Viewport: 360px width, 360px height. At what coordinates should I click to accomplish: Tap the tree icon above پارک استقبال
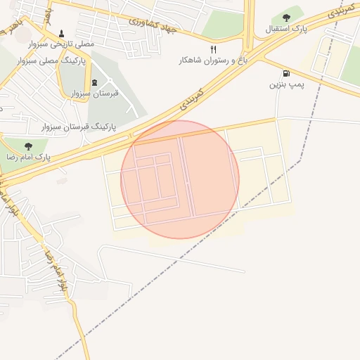(285, 18)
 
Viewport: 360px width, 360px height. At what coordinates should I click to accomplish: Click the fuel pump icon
(285, 73)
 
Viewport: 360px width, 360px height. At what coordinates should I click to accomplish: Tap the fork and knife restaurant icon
(213, 50)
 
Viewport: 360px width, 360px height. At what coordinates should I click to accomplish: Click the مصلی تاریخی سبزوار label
(61, 44)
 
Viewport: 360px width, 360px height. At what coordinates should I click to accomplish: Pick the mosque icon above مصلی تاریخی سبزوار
(62, 33)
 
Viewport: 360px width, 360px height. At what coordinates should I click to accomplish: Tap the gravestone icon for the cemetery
(95, 82)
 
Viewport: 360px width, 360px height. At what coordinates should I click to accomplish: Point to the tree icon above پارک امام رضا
(28, 146)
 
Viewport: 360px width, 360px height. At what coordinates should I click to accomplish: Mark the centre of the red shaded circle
(180, 180)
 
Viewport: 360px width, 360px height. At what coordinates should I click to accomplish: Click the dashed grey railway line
(211, 246)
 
